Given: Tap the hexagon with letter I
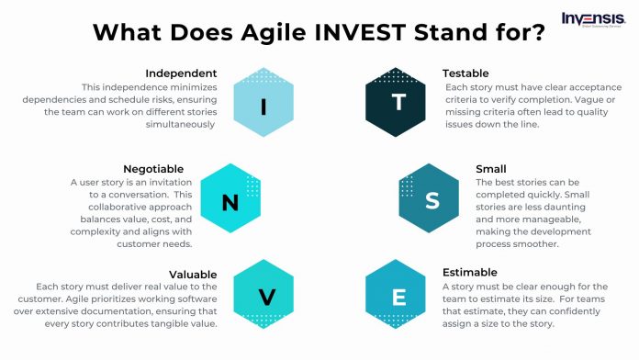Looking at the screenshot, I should [264, 106].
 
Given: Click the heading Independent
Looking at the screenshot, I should [181, 73].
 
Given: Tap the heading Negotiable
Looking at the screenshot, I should [153, 169].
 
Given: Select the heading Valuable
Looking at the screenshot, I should [193, 274].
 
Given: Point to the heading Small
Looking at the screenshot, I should [490, 169].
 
